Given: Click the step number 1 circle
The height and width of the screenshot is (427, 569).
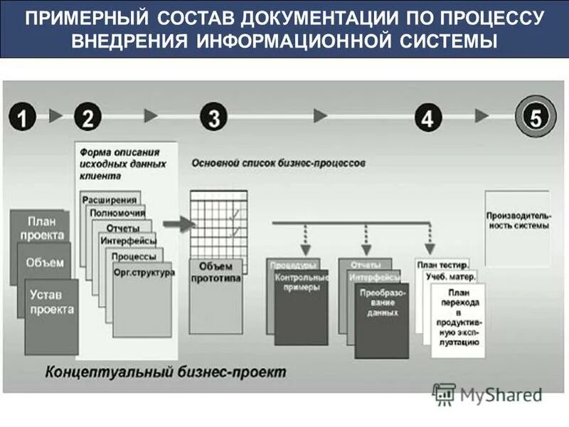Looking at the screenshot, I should click(23, 117).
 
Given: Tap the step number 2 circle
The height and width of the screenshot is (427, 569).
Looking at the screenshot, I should click(87, 117).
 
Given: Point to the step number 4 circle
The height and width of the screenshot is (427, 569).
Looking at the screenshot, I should click(427, 117).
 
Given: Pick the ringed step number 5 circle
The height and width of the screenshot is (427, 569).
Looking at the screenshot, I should click(534, 116).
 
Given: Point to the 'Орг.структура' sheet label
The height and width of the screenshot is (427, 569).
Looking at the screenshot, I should click(143, 272).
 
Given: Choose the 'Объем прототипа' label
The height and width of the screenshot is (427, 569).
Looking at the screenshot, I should click(216, 271).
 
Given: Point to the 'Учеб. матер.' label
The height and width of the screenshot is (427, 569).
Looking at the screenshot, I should click(451, 276).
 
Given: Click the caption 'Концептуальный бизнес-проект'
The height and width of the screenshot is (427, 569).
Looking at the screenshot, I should click(166, 371).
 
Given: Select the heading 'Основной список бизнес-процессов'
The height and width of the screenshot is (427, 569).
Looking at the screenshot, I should click(278, 163).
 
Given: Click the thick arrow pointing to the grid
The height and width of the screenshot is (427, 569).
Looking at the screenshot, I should click(180, 224).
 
